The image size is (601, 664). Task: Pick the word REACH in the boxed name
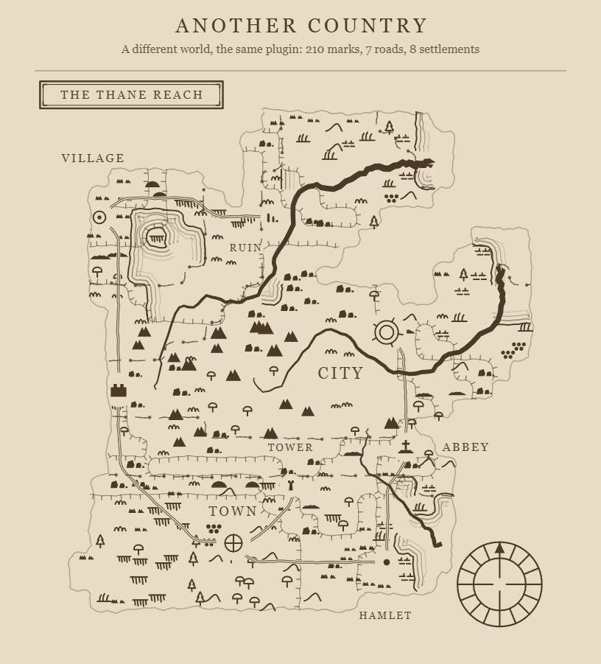click(x=178, y=94)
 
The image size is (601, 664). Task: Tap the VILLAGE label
click(x=93, y=158)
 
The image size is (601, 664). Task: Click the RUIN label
click(x=245, y=248)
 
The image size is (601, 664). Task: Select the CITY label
click(x=341, y=373)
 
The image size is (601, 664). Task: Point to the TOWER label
click(x=290, y=447)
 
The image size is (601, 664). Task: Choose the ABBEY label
click(x=465, y=447)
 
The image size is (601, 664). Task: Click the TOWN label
click(x=233, y=511)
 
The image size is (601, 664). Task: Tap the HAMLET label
click(x=385, y=615)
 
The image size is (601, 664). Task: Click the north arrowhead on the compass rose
click(x=499, y=548)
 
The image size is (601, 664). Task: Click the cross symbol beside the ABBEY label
click(x=406, y=447)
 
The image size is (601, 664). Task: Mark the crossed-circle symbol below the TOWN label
click(x=233, y=543)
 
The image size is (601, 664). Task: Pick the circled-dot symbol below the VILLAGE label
click(x=99, y=217)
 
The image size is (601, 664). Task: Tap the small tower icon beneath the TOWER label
click(x=291, y=486)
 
